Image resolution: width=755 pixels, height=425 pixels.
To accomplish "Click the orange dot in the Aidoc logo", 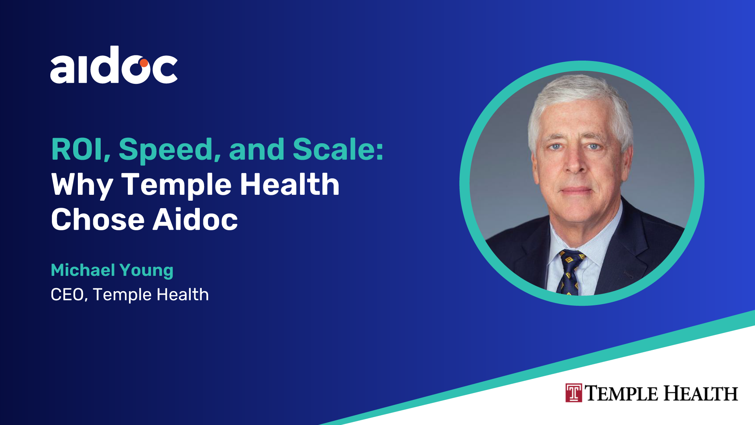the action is click(144, 63).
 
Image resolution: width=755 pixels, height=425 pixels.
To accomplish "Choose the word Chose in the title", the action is click(98, 220).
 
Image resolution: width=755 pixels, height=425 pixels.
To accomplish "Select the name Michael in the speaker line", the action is click(83, 270).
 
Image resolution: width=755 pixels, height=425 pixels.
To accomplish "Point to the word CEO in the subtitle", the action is click(67, 295).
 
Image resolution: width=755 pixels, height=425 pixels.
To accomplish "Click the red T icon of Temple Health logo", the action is click(574, 393).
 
